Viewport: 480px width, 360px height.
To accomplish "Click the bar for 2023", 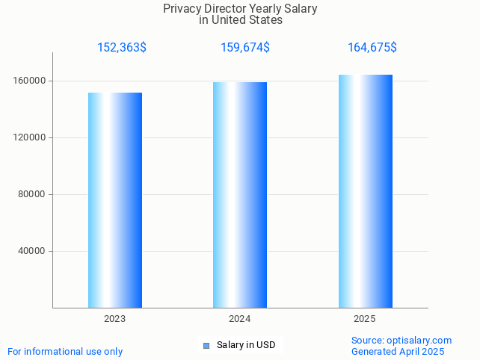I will pyautogui.click(x=115, y=200).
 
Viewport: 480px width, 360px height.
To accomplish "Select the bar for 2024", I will pyautogui.click(x=240, y=195).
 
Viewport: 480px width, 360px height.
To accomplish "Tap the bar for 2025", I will pyautogui.click(x=365, y=191).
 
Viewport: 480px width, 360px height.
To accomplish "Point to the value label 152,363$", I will pyautogui.click(x=122, y=48).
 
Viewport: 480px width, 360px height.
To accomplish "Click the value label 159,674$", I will pyautogui.click(x=245, y=48).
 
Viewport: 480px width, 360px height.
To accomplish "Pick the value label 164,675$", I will pyautogui.click(x=372, y=48).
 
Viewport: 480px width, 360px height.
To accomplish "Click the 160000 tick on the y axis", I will pyautogui.click(x=31, y=81).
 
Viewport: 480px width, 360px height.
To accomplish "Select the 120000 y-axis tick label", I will pyautogui.click(x=31, y=137).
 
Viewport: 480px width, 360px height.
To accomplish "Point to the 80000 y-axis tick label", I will pyautogui.click(x=34, y=194).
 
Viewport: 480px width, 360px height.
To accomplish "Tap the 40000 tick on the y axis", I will pyautogui.click(x=34, y=251).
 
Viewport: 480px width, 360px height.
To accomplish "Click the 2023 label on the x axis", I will pyautogui.click(x=115, y=319).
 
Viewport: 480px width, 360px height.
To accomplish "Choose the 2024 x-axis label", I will pyautogui.click(x=240, y=319).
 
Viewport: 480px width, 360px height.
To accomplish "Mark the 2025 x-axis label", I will pyautogui.click(x=365, y=319).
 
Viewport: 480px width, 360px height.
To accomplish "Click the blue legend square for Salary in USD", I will pyautogui.click(x=206, y=345).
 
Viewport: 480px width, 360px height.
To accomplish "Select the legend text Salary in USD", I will pyautogui.click(x=246, y=345).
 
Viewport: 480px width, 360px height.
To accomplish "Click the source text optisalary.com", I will pyautogui.click(x=419, y=341).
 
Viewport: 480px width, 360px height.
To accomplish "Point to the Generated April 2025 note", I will pyautogui.click(x=398, y=352).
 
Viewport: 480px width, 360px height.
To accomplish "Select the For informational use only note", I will pyautogui.click(x=65, y=352).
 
